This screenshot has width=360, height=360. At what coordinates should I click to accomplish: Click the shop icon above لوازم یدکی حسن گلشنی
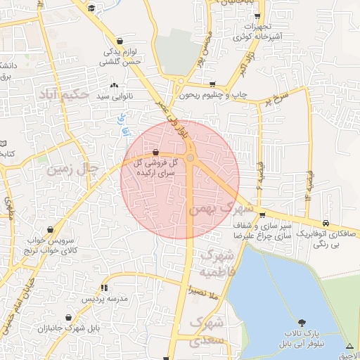(120, 41)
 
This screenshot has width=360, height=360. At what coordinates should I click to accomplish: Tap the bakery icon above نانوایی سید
(114, 86)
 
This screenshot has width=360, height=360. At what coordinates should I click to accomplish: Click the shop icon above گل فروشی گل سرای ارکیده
(155, 152)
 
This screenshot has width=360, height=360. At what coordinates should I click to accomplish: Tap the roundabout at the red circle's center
(191, 157)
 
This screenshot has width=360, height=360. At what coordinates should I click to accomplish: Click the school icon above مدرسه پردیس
(105, 288)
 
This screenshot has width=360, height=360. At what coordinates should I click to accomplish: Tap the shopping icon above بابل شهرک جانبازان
(68, 318)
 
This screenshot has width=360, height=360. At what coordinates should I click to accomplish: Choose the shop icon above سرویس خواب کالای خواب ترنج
(51, 229)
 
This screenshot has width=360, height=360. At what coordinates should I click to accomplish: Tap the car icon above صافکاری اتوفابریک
(325, 220)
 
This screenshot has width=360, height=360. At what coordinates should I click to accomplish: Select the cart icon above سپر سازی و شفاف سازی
(262, 215)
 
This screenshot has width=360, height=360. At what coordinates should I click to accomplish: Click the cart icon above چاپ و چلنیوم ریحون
(212, 85)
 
